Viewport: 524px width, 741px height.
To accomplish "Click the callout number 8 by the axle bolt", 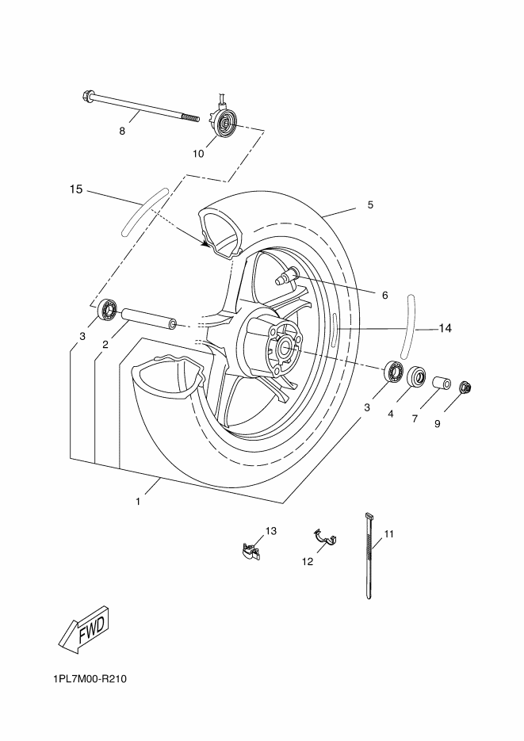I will pos(122,132).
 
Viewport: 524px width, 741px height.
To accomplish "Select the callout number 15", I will pos(76,189).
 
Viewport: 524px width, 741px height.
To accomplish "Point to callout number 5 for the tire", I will pos(370,205).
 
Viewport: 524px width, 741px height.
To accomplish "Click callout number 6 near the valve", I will pos(384,295).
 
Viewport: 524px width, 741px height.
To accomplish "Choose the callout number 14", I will pos(445,328).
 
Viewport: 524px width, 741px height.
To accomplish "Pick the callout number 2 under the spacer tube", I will pos(104,345).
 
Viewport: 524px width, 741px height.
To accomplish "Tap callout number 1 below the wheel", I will pos(138,502).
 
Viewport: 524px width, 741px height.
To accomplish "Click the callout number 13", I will pos(270,531).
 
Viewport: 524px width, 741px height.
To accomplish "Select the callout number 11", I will pos(388,535).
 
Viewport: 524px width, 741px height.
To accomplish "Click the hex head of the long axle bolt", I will pos(87,98).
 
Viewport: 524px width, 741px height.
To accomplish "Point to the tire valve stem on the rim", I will pos(285,277).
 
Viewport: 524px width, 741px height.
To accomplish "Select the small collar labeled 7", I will pos(441,383).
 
